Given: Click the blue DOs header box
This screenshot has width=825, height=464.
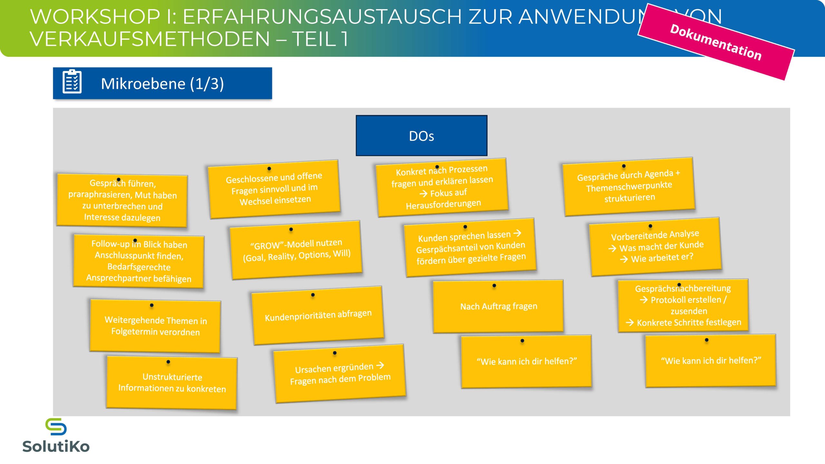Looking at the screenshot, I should pos(421,136).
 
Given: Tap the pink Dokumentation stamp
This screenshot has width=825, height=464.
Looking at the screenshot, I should pos(716,42).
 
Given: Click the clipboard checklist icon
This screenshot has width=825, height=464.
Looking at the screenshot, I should pos(72,82).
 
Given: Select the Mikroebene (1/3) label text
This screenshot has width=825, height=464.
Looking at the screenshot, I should pos(162,84).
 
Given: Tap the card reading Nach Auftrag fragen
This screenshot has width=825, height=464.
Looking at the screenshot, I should pos(498,306).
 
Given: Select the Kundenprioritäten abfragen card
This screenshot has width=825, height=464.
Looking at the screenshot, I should pos(318,315).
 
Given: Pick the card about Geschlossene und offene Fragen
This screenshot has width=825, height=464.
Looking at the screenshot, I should pos(274,188).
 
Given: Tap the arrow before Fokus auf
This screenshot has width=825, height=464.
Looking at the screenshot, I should pos(423,194).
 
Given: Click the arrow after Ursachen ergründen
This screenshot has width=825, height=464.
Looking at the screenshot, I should pos(380,365).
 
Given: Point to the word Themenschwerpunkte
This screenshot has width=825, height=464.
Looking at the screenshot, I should pos(629,186).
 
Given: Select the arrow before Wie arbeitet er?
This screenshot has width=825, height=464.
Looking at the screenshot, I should pos(624,259).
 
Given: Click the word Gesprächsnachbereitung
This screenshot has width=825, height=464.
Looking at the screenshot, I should pos(683,288).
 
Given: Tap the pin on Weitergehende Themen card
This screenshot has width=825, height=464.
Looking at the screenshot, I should pos(151,305).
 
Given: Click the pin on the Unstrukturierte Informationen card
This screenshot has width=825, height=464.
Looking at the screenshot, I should pos(168,362).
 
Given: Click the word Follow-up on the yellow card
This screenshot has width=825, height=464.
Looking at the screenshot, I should pos(110,244).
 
